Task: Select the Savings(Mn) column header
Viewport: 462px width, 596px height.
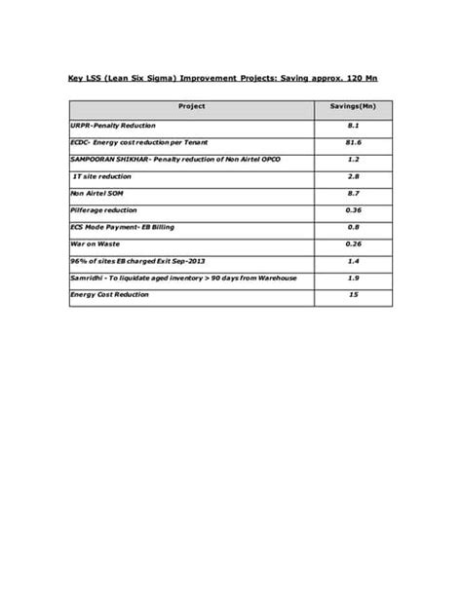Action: click(354, 104)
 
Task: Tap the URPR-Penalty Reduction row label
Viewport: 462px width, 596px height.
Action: click(112, 126)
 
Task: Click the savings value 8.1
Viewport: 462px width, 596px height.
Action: click(354, 126)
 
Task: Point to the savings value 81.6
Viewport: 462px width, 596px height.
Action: click(354, 142)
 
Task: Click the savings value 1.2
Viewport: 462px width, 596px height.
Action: click(354, 159)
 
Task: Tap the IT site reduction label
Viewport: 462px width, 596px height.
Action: click(104, 176)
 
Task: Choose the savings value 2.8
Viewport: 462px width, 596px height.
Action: click(354, 176)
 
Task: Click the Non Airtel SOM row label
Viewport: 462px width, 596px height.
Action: click(96, 193)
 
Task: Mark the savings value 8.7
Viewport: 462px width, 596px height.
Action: click(354, 193)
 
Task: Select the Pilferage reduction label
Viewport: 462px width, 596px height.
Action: click(104, 209)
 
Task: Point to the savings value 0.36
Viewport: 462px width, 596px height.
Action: click(354, 209)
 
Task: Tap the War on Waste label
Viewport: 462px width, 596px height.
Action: click(95, 243)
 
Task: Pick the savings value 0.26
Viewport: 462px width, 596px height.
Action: click(354, 243)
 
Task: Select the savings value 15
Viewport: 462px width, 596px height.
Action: click(354, 294)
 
